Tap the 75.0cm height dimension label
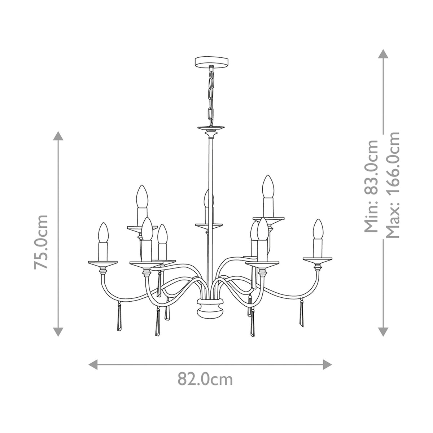41,242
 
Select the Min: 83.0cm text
371,186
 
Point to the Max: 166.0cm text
392,185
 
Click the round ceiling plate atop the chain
210,62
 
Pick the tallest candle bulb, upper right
267,186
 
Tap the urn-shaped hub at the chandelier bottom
210,308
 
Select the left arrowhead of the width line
93,364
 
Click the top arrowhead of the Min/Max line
383,54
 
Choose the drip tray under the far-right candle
318,259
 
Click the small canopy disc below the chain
210,128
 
